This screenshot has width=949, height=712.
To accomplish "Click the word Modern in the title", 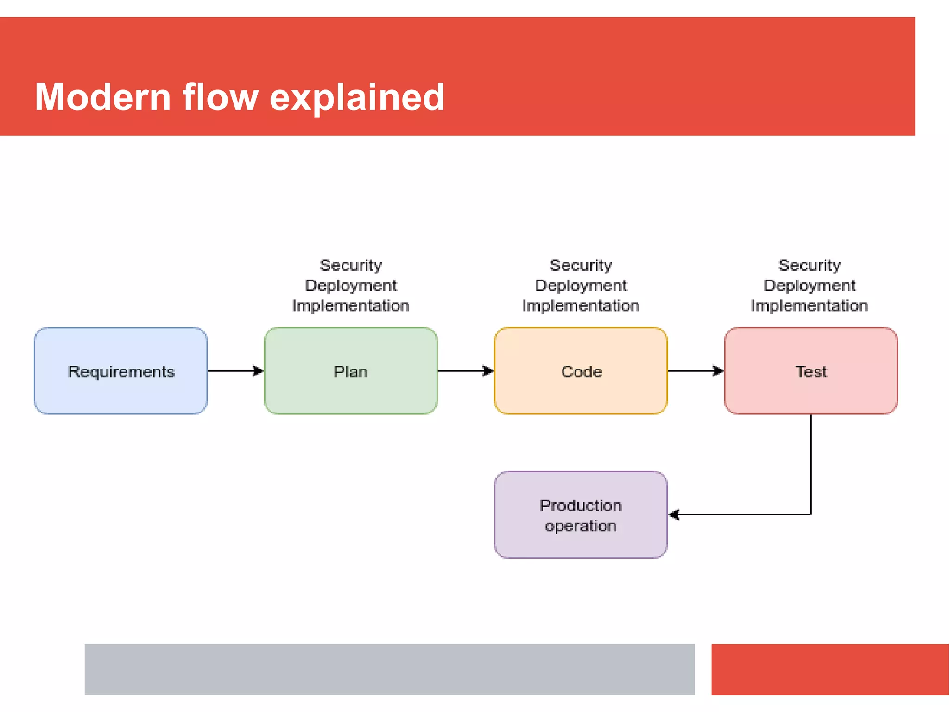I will point(103,97).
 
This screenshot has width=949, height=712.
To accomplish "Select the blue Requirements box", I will point(120,371).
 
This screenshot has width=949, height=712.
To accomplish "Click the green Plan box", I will point(350,371).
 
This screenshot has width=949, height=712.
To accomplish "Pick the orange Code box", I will point(581,371).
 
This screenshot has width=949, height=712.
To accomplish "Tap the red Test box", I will point(810,371).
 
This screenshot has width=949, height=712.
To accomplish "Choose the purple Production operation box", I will point(581,515).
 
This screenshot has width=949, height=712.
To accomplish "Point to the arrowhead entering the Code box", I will point(488,371).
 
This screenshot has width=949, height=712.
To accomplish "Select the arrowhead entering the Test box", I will point(718,371).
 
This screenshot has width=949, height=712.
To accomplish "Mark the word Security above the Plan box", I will point(351,265).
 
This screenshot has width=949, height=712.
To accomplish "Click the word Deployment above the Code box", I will point(581,286).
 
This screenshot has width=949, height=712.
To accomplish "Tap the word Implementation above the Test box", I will point(809,306).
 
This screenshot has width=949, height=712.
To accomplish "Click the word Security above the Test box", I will point(809,265).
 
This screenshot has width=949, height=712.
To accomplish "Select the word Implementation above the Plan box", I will point(351,306).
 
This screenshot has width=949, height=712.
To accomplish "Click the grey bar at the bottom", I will point(389,669).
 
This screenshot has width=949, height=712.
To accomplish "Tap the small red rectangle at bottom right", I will point(829,669).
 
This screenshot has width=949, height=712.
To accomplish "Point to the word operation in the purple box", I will point(581,526).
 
